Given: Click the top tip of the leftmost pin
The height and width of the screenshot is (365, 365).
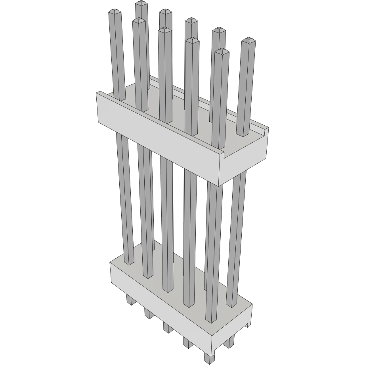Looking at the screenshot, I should (115, 12).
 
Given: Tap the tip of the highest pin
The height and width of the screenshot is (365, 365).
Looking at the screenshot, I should (141, 3).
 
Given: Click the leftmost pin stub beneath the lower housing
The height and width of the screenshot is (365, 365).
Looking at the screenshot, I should (129, 300).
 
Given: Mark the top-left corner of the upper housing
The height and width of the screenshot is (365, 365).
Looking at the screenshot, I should (97, 93).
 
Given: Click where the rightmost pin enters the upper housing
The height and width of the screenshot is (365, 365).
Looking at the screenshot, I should (243, 135).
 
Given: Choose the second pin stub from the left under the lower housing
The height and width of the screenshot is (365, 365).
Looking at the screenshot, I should (149, 313).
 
